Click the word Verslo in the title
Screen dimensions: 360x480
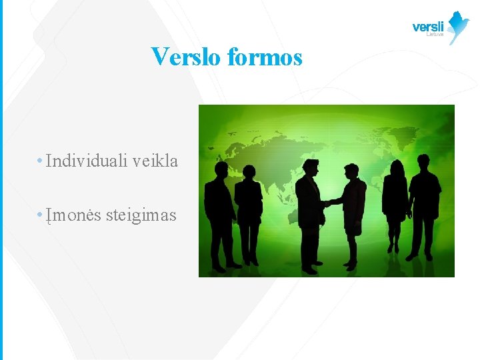coord(186,57)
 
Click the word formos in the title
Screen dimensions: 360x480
coord(265,57)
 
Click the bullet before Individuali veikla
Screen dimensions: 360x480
coord(41,161)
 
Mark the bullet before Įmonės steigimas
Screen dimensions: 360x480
coord(41,215)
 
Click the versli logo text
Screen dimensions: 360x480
coord(428,27)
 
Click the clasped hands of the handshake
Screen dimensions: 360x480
coord(327,202)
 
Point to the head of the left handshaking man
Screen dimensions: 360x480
coord(310,167)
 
